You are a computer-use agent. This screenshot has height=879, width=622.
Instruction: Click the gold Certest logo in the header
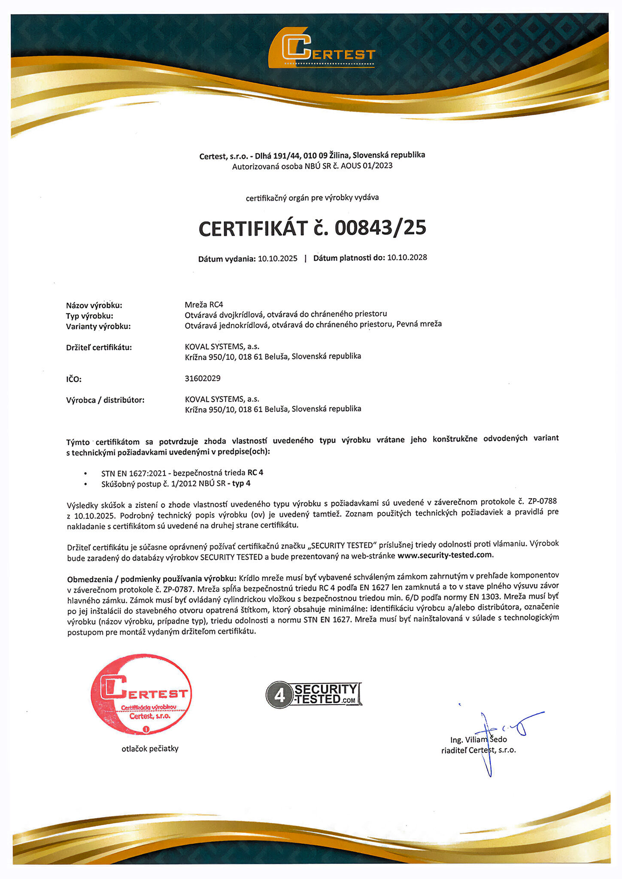coord(322,48)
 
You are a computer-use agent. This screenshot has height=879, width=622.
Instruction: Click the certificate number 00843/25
coord(380,228)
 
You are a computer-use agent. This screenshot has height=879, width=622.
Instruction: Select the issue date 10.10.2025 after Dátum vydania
coord(277,258)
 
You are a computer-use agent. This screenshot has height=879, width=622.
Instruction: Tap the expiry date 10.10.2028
coord(407,258)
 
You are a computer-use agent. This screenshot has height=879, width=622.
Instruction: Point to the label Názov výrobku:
coord(94,306)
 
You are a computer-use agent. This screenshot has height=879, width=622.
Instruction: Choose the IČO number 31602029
coord(203,378)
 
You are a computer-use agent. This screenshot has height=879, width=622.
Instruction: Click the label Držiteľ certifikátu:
coord(99,347)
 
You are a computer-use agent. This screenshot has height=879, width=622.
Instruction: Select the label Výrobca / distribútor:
coord(105,400)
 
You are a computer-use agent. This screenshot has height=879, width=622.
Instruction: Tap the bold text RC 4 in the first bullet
coord(255,473)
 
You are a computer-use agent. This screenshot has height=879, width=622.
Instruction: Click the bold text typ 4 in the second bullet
coord(241,483)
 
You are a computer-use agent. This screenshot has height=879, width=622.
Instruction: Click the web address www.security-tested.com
coord(445,555)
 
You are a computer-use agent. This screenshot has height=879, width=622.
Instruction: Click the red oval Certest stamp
coord(142,694)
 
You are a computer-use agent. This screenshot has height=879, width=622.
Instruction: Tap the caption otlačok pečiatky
coord(150,749)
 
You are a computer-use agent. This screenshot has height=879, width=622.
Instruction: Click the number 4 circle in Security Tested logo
coord(279,695)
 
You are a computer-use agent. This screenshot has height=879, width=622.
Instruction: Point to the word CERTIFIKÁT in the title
coord(253,229)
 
